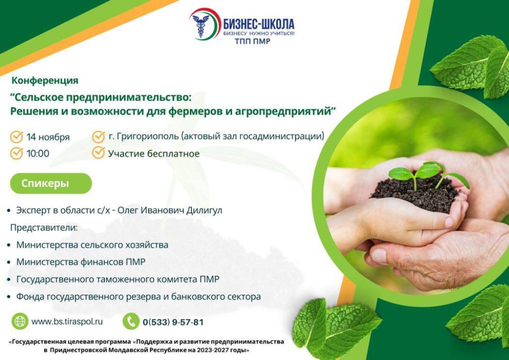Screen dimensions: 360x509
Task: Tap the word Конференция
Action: tap(45, 80)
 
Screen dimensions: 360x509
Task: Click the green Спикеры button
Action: tap(50, 183)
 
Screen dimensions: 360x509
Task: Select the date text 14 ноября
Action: tap(48, 137)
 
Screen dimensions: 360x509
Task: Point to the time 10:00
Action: tap(38, 153)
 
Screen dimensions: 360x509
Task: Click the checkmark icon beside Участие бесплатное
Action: tap(98, 153)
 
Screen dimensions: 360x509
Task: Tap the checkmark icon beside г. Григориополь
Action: tap(98, 136)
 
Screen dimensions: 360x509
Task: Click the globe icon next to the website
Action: tap(20, 321)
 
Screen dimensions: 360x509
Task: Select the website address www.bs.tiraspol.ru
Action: tap(67, 321)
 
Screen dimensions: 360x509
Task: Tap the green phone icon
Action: tap(131, 321)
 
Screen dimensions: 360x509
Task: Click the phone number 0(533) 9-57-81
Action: tap(173, 322)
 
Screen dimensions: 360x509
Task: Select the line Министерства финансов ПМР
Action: tap(81, 262)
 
